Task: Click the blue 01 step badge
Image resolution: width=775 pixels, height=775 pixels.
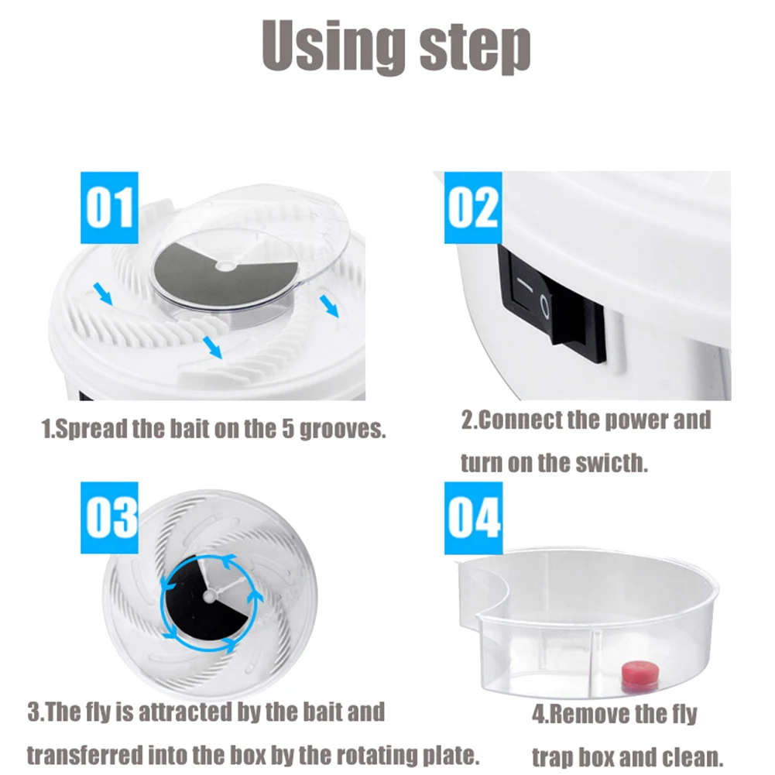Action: pos(109,207)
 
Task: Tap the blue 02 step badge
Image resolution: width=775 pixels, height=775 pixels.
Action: pos(472,207)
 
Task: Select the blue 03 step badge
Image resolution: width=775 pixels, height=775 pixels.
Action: pos(110,517)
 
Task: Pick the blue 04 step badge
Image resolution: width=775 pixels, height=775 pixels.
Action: pos(473,517)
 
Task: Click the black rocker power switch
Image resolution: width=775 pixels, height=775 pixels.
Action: pos(554,305)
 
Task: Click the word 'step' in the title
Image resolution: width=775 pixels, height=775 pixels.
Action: pos(475,48)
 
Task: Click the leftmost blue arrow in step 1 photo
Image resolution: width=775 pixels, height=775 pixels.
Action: pos(101,293)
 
